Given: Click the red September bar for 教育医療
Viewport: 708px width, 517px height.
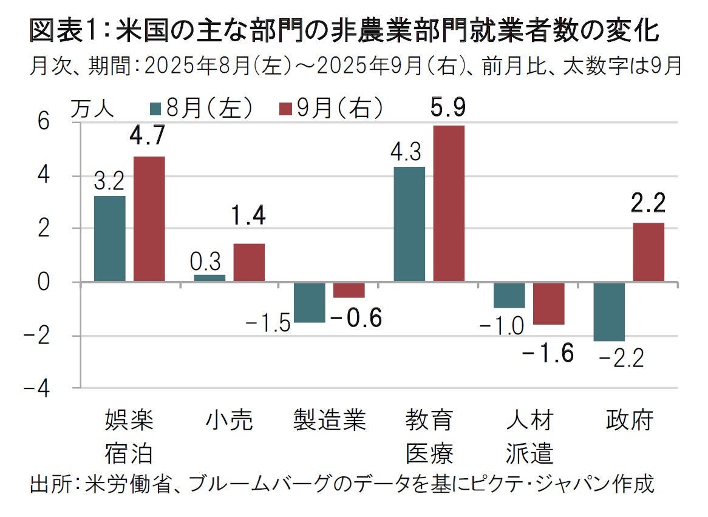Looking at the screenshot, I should (x=449, y=203).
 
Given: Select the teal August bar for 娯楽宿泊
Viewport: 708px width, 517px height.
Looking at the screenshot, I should (x=110, y=238).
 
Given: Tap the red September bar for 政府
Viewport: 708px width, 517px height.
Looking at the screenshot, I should (x=648, y=252).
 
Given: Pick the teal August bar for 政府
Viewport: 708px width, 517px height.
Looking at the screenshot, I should (x=609, y=311).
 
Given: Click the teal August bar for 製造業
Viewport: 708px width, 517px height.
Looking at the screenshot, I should (x=309, y=302).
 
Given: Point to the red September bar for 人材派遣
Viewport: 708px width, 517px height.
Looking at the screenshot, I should (x=548, y=303).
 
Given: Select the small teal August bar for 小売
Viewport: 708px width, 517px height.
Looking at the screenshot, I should (x=209, y=278).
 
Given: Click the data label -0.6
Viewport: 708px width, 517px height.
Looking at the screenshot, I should (x=357, y=317).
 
